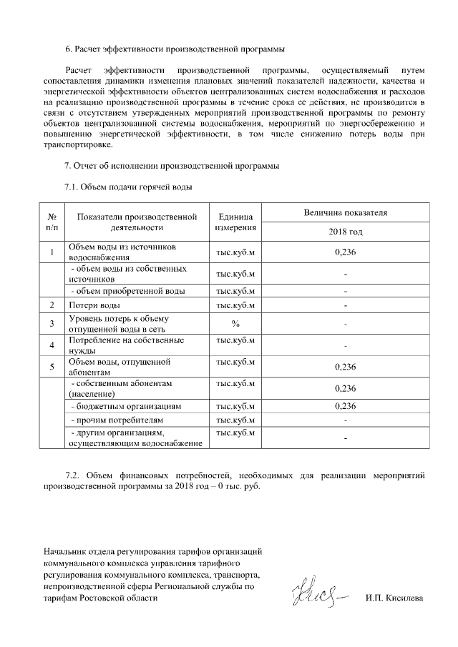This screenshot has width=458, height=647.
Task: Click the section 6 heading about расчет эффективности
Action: (x=175, y=49)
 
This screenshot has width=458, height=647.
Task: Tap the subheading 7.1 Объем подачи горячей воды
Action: (x=129, y=187)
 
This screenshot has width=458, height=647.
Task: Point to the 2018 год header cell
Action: (x=345, y=232)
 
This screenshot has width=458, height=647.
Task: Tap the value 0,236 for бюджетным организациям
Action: (x=345, y=406)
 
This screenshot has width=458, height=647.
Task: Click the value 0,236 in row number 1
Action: (x=345, y=252)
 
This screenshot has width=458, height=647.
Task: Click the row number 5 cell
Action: (x=52, y=367)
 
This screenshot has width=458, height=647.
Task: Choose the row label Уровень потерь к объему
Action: (x=119, y=324)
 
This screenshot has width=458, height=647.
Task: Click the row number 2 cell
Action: (x=52, y=306)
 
